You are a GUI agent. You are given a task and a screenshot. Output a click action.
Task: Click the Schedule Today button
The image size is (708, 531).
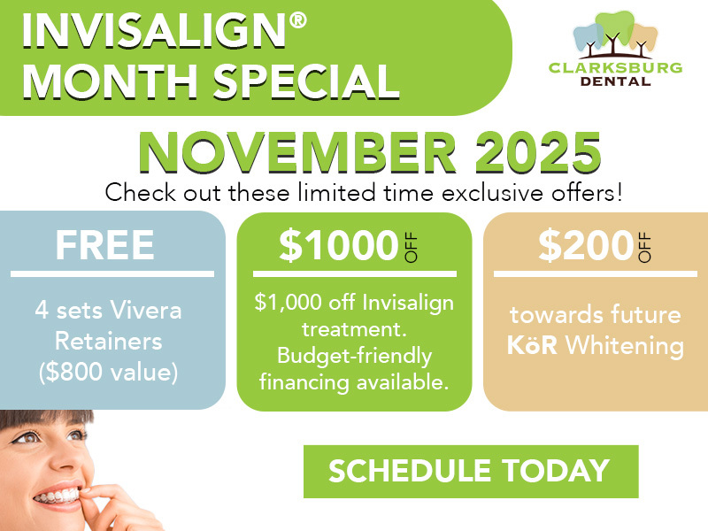[x=470, y=471]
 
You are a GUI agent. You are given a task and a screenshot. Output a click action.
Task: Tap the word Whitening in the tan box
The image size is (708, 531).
[x=627, y=345]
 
